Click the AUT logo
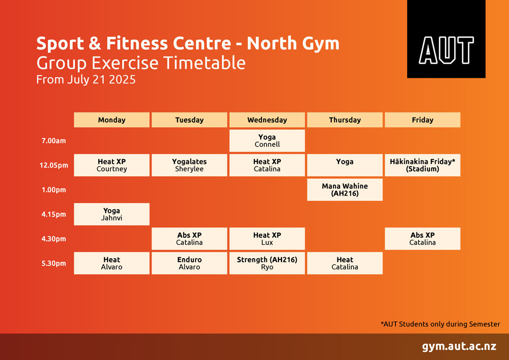(x=446, y=39)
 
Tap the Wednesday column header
(x=267, y=120)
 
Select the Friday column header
(x=422, y=120)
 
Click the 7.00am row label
(x=53, y=141)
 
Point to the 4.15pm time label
(x=53, y=214)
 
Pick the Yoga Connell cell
(x=267, y=141)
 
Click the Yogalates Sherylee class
(x=189, y=165)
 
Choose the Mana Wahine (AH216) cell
(x=345, y=190)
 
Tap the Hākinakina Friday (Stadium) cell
(x=422, y=165)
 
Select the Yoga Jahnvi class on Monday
(x=111, y=214)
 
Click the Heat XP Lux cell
(x=267, y=239)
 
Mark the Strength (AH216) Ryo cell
(x=267, y=263)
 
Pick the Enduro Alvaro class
(x=189, y=263)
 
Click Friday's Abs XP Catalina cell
(x=422, y=239)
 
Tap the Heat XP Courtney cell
(x=111, y=165)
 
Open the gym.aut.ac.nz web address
(x=459, y=346)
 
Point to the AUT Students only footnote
(x=440, y=324)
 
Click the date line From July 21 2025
(x=86, y=80)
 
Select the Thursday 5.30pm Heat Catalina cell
(x=345, y=263)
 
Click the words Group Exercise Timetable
(x=141, y=63)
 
